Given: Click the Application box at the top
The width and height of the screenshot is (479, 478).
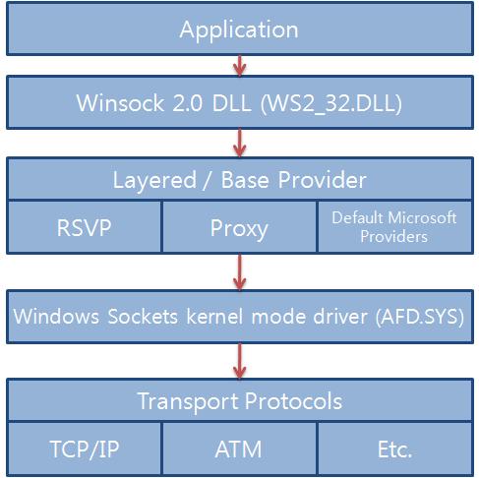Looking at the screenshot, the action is (x=240, y=29).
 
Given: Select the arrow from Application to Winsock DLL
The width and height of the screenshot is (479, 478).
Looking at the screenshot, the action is (x=240, y=66).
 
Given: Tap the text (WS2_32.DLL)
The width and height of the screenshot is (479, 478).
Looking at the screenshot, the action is (x=331, y=103).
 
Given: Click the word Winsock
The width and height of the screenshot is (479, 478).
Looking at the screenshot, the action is (x=120, y=103).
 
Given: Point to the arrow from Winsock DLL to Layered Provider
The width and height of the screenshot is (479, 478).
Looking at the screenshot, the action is (x=240, y=143).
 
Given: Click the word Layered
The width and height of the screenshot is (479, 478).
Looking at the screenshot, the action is (x=154, y=180).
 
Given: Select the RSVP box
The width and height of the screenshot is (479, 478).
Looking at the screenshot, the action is (x=85, y=227).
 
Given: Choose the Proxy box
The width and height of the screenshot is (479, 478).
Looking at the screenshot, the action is (x=239, y=227).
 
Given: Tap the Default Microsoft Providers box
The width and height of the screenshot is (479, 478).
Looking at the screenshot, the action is (x=395, y=227).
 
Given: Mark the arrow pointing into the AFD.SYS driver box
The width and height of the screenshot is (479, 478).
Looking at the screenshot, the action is (x=240, y=271).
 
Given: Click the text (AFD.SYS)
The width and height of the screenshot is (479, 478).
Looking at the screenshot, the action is (x=420, y=317).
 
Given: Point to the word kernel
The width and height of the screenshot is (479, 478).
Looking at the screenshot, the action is (x=214, y=316).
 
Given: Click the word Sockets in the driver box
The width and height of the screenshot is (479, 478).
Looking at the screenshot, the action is (x=143, y=316).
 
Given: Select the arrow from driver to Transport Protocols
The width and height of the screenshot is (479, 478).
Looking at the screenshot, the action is (x=240, y=361).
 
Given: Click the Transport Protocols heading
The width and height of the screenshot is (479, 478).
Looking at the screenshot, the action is (x=240, y=401).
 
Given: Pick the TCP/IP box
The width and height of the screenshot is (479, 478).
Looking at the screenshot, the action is (x=85, y=448).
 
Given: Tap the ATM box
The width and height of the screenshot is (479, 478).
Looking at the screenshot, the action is (x=239, y=448).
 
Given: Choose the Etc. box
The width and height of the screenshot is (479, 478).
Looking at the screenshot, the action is (x=395, y=448).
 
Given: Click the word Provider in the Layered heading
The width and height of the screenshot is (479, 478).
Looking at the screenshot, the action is (x=323, y=180).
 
